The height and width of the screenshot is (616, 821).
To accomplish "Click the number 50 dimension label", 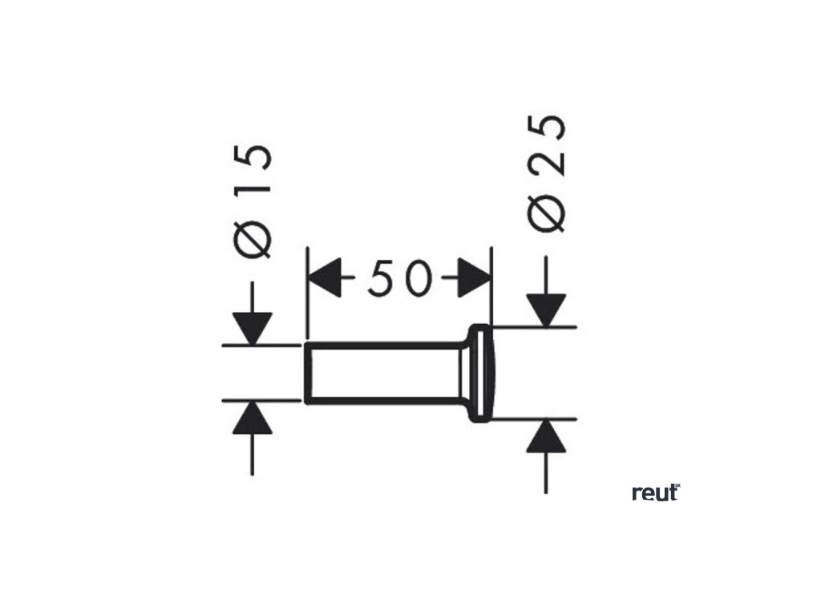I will [x=398, y=280].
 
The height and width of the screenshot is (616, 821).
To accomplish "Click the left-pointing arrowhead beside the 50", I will [x=325, y=280].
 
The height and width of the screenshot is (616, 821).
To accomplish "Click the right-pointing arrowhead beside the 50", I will [x=473, y=280].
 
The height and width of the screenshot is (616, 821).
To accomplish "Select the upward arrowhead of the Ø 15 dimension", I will [x=253, y=417].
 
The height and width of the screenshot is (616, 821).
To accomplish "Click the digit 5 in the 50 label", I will [x=381, y=280].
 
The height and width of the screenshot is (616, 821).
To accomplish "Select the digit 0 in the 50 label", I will [x=415, y=280].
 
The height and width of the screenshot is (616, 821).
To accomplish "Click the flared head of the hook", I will [x=481, y=372].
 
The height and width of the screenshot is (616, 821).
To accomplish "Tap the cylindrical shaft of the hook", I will [x=385, y=372].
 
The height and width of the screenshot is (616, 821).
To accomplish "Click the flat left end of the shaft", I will [x=306, y=372].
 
